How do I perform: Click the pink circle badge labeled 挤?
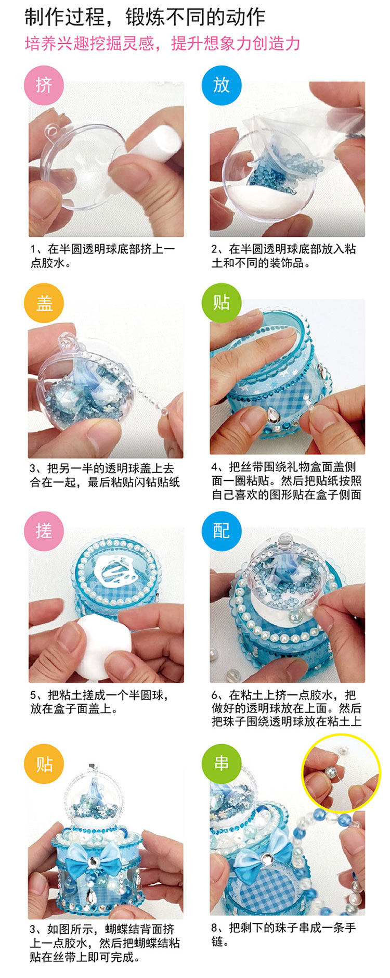(x=44, y=85)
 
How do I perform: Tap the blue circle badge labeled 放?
(x=222, y=85)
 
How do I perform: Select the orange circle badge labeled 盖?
(x=44, y=303)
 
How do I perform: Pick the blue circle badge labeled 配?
(x=222, y=531)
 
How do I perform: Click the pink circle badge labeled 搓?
(x=44, y=531)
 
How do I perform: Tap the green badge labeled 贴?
(x=222, y=303)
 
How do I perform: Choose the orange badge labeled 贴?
(x=44, y=764)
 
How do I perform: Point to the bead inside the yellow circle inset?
(x=330, y=769)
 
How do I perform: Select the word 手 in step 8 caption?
(x=349, y=928)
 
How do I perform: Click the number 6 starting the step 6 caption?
(x=215, y=695)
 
